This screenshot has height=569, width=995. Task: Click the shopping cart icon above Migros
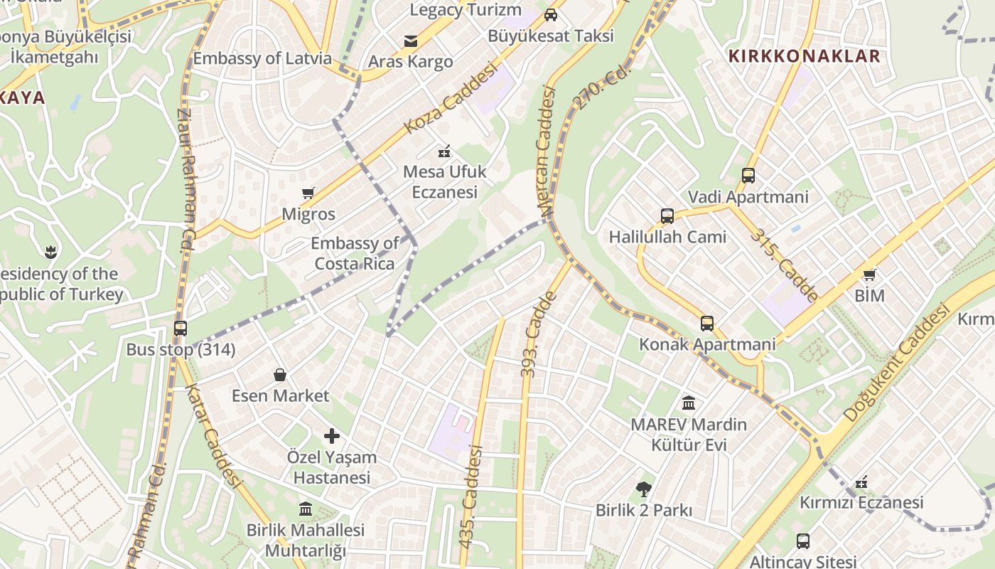tap(308, 193)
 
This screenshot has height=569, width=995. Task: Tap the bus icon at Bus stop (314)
tap(181, 329)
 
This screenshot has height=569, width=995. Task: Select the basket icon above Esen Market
tap(281, 375)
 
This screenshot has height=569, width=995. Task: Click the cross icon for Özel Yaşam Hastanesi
tap(332, 436)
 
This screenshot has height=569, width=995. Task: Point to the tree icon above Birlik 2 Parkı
tap(644, 489)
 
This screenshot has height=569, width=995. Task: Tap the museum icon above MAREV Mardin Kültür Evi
tap(689, 403)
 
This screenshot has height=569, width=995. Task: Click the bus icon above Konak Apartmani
tap(707, 324)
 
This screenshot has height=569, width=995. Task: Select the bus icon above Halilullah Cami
tap(667, 216)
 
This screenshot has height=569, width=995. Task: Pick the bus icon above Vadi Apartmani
tap(748, 176)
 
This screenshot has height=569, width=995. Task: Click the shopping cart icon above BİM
tap(869, 275)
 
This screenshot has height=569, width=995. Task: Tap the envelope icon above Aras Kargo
tap(411, 41)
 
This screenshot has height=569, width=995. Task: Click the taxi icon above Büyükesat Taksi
tap(551, 15)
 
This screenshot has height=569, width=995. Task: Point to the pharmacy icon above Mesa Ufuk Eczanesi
tap(444, 151)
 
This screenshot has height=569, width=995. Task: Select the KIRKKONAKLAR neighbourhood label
tap(804, 56)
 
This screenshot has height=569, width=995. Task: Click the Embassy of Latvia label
tap(262, 58)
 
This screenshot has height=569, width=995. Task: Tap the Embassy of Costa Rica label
tap(355, 253)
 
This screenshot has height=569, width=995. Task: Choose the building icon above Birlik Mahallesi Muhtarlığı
tap(306, 509)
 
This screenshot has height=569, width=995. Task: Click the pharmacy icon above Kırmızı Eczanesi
tap(861, 482)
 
